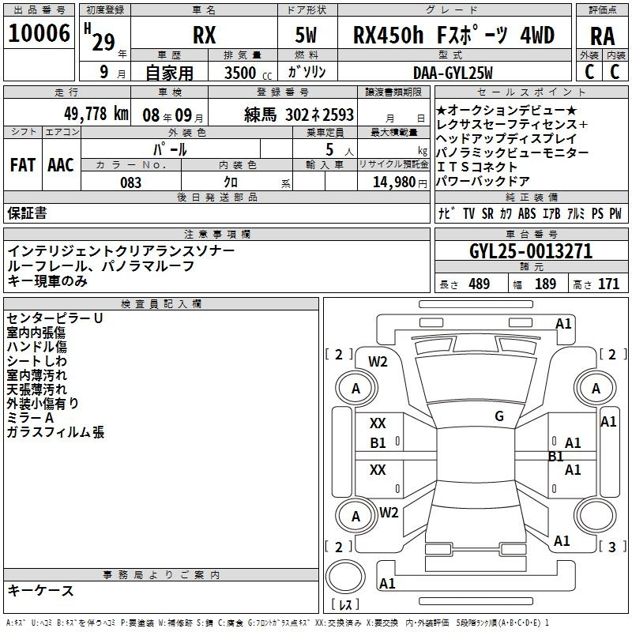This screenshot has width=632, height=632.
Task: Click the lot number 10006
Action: coord(39,33)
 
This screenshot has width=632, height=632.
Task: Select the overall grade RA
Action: coord(602,36)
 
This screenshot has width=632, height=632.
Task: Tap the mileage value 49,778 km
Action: coord(96,114)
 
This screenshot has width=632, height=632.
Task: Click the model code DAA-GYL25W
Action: coord(453,73)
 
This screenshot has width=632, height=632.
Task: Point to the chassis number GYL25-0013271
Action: coord(531,251)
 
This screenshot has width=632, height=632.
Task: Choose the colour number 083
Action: coord(130,182)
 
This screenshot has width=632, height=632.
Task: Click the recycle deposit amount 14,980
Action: coord(393,182)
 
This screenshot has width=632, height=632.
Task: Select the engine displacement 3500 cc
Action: coord(248,73)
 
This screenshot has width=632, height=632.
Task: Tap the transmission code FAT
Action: coord(23,165)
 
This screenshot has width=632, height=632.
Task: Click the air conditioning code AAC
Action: coord(61,165)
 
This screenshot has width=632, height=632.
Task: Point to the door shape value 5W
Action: coord(306,35)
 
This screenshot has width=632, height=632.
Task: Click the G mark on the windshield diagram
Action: coord(499,416)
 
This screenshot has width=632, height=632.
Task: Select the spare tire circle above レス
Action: coord(345,576)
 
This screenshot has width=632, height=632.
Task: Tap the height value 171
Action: coord(608,284)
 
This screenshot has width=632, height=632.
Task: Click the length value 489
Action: coord(479,284)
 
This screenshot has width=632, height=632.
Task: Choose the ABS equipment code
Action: coord(527,213)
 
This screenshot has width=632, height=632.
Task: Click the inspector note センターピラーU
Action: coord(55,318)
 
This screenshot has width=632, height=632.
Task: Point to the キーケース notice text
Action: coord(41,591)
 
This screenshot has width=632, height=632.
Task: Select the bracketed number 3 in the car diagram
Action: coord(611,547)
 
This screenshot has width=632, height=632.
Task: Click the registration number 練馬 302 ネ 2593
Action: coord(299,115)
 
